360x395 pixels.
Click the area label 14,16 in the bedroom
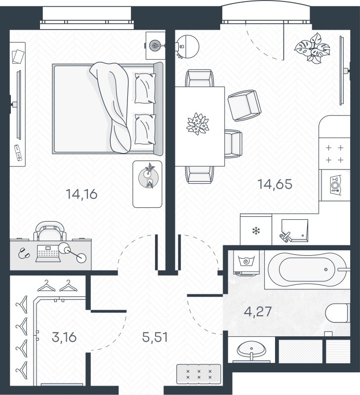[x=81, y=194]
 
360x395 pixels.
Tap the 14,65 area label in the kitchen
[x=275, y=184]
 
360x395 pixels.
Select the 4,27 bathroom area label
[x=258, y=312]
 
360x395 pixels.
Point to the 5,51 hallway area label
[x=155, y=337]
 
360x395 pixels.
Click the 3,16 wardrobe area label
[x=64, y=337]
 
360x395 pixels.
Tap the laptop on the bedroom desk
[x=48, y=253]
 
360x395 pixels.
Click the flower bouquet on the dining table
[x=198, y=124]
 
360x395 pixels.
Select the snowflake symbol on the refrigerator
[x=256, y=231]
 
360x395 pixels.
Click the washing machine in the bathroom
[x=246, y=263]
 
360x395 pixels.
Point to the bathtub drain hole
[x=326, y=269]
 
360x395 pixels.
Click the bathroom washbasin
[x=251, y=350]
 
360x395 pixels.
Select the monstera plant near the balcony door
[x=313, y=48]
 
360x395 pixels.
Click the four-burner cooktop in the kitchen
[x=334, y=154]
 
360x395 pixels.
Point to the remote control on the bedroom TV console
[x=18, y=153]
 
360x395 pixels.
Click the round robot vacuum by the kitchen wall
[x=188, y=46]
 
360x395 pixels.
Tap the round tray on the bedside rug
[x=148, y=178]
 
